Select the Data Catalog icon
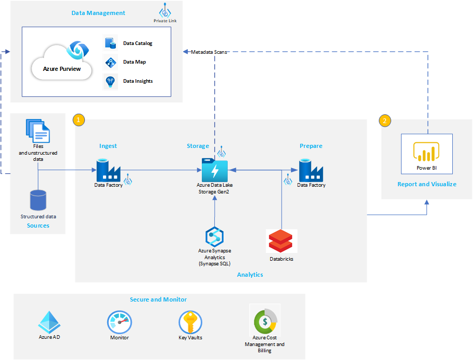click(x=111, y=43)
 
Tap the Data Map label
click(x=135, y=62)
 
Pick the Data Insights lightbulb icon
click(x=111, y=81)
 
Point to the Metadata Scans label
click(x=210, y=52)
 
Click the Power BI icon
click(x=426, y=152)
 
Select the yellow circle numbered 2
click(x=385, y=121)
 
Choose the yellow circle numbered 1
click(x=79, y=119)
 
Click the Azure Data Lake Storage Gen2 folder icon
click(x=215, y=169)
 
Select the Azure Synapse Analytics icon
click(x=214, y=236)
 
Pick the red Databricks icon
click(x=280, y=241)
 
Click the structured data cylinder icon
click(x=38, y=200)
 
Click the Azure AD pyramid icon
click(x=50, y=322)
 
